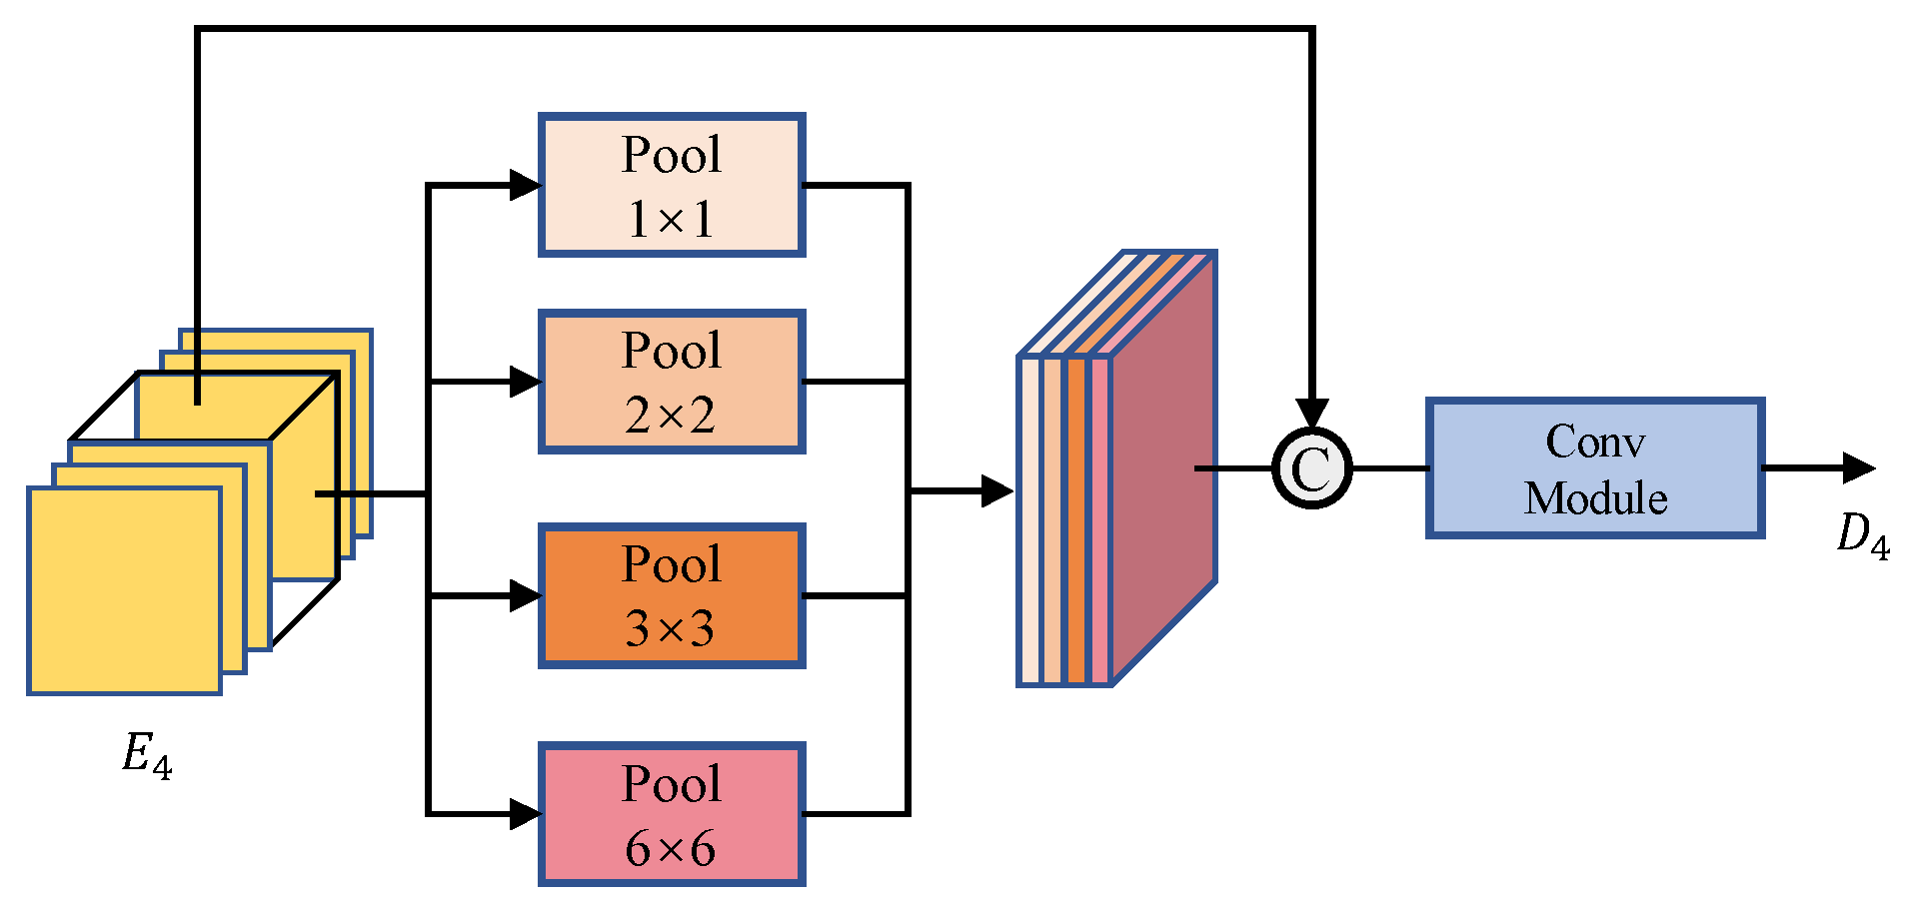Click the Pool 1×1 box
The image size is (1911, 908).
click(672, 185)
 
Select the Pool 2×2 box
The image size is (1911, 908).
click(672, 382)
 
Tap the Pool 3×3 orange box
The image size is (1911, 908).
click(672, 595)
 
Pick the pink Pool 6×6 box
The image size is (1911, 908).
click(672, 814)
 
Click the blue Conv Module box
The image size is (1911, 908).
click(1594, 468)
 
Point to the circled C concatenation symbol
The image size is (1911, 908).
click(1311, 468)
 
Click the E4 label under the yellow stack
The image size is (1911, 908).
click(147, 755)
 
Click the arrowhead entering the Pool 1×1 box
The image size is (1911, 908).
click(525, 185)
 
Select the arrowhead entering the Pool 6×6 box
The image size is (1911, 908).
click(525, 814)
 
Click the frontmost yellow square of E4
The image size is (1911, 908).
click(124, 590)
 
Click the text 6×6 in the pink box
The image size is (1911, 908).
click(671, 849)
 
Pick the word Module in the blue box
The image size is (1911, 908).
click(1595, 498)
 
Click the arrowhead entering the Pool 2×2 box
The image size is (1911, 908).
click(525, 382)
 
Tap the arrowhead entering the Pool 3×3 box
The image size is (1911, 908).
click(525, 596)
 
